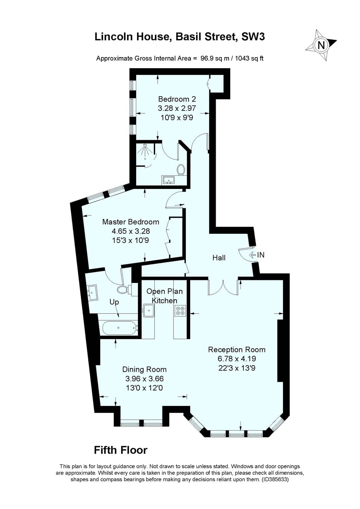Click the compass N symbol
pyautogui.click(x=321, y=45)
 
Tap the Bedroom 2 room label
pyautogui.click(x=177, y=99)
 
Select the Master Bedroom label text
pyautogui.click(x=131, y=222)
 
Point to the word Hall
pyautogui.click(x=219, y=258)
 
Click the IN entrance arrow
pyautogui.click(x=253, y=254)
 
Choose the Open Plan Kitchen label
pyautogui.click(x=164, y=296)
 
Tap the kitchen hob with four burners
pyautogui.click(x=180, y=310)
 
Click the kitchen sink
pyautogui.click(x=148, y=310)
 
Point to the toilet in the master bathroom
pyautogui.click(x=123, y=290)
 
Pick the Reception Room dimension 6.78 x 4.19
pyautogui.click(x=237, y=359)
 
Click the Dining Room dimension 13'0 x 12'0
pyautogui.click(x=144, y=388)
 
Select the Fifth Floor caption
pyautogui.click(x=121, y=450)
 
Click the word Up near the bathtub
pyautogui.click(x=114, y=302)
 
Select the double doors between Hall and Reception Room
pyautogui.click(x=223, y=287)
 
